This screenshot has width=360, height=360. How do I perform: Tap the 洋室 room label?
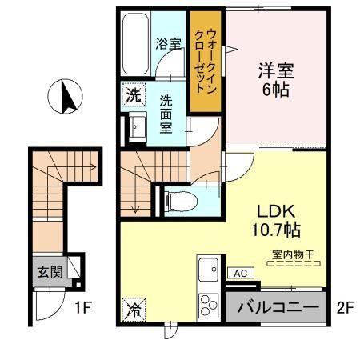point(275,70)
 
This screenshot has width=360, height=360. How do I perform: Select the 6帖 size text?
point(275,89)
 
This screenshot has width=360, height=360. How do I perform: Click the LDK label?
point(276,212)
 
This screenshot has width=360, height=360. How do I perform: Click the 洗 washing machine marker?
point(134,94)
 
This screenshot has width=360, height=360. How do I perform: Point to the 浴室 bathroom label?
point(166,44)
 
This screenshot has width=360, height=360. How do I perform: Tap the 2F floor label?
point(344,306)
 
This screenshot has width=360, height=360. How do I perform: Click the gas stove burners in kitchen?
point(209,305)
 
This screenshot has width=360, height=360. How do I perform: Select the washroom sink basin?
point(135,126)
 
